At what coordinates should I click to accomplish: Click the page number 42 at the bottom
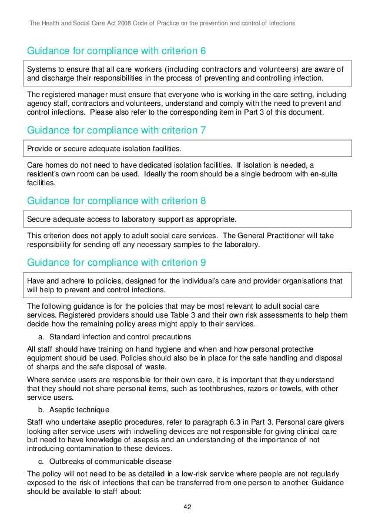[187, 507]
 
